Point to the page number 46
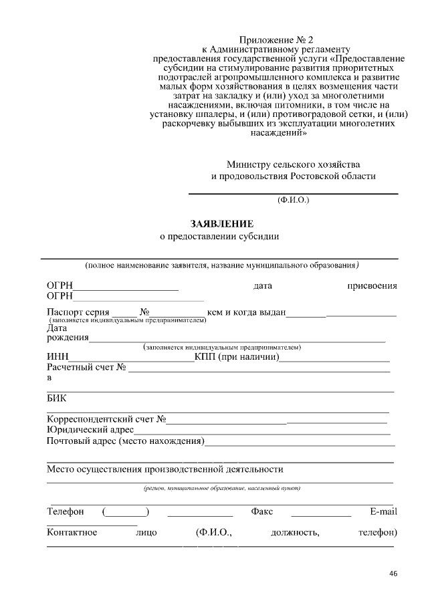(x=393, y=574)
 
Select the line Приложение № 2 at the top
(x=276, y=39)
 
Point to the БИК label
(x=56, y=399)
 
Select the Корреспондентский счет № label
(x=106, y=419)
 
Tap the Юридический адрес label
(x=86, y=430)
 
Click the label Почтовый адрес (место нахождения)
(x=125, y=441)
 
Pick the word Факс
(x=261, y=511)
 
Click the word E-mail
(x=383, y=511)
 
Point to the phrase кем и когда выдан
(x=247, y=312)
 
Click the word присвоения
(x=371, y=286)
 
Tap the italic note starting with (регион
(x=221, y=488)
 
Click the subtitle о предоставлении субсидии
(x=219, y=236)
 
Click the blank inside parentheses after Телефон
(x=126, y=513)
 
